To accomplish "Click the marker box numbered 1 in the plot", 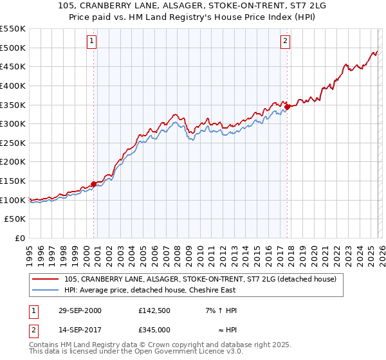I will coord(92,41).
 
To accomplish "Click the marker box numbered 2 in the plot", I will coord(285,41).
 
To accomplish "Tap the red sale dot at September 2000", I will coord(94,184).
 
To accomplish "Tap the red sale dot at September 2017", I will coord(288,107).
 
